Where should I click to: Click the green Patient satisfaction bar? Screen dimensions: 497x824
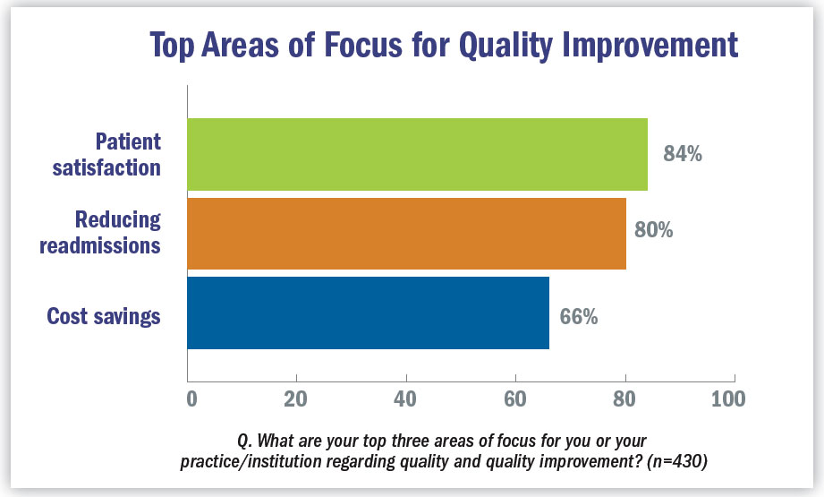417,154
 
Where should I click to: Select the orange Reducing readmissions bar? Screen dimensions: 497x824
406,233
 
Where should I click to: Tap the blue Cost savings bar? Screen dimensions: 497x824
368,313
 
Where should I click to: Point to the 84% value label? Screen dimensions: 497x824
683,154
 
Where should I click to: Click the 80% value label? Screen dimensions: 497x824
653,231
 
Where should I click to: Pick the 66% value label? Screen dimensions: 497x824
579,317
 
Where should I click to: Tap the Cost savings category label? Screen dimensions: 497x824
104,316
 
